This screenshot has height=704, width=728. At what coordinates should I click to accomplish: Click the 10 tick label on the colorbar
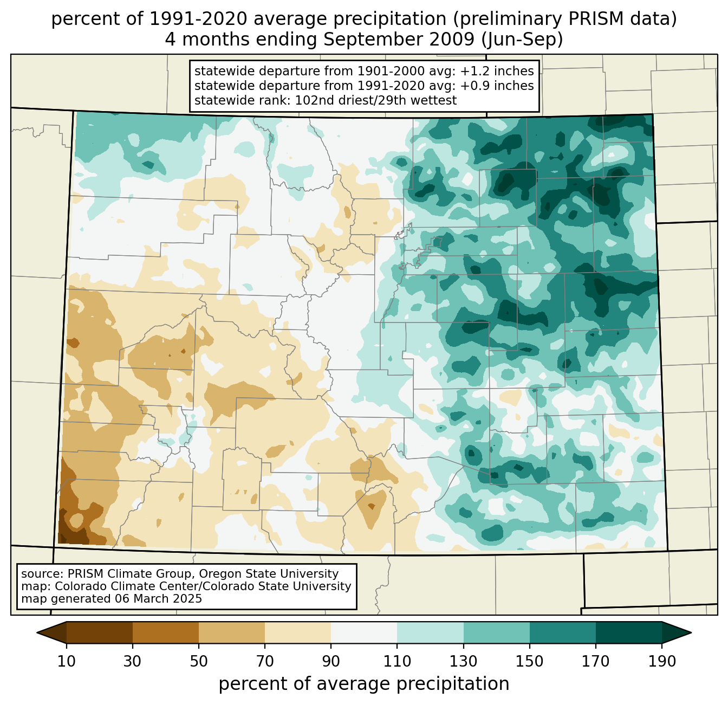point(67,662)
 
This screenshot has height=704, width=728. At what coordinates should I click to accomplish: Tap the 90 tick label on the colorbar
point(331,662)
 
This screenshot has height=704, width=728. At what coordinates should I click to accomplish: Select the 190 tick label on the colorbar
point(662,662)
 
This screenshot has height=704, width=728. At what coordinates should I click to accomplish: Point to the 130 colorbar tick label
point(464,662)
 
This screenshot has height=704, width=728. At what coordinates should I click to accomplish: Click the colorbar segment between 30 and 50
point(166,632)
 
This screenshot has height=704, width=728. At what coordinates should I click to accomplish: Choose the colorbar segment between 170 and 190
point(628,632)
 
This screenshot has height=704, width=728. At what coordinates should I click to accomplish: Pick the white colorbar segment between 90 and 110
point(364,632)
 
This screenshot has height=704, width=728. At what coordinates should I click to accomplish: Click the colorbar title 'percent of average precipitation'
point(364,684)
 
